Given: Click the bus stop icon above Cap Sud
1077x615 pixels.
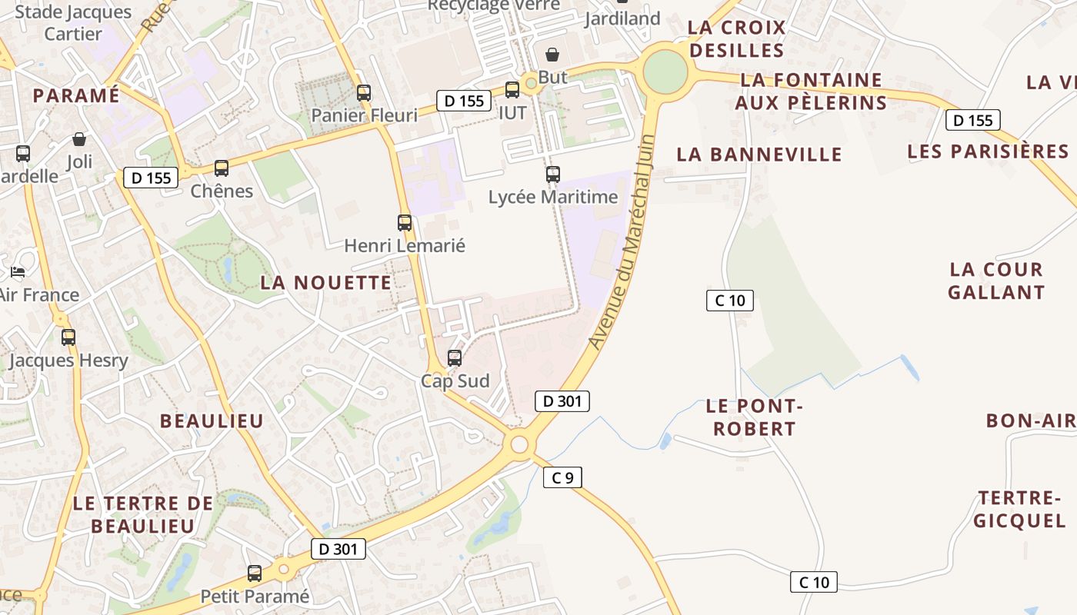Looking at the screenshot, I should (x=455, y=357).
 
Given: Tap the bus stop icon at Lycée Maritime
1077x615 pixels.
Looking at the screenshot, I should (x=553, y=175).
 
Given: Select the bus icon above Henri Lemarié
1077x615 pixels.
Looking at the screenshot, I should (x=405, y=223).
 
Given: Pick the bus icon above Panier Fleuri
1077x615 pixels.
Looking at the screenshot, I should (x=364, y=93).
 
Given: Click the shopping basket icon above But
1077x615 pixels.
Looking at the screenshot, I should (x=552, y=55).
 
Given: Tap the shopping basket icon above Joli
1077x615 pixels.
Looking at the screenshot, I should (x=79, y=139).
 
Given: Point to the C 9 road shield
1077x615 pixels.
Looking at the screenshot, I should (x=562, y=477).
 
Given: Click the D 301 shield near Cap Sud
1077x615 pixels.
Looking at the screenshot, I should (x=562, y=401).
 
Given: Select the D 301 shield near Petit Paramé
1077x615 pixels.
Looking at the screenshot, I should (x=338, y=548).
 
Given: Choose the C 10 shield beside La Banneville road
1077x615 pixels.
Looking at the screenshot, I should (x=729, y=300).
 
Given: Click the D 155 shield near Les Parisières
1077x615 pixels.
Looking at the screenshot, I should (x=972, y=120).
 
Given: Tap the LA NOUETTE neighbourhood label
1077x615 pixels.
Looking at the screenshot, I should (x=325, y=282).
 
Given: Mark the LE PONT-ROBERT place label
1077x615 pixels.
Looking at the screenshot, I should (x=755, y=417).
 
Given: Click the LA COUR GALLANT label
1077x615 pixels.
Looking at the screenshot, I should (x=996, y=281).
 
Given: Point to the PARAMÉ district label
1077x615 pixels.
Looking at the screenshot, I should (x=76, y=95).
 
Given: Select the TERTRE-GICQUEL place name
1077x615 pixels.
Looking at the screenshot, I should (x=1020, y=509).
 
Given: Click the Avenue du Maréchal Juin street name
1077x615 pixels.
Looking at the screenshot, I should (x=622, y=241).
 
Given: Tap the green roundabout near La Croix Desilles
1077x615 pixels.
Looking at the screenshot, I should (x=665, y=71).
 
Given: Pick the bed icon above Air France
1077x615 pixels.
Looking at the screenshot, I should (x=18, y=272).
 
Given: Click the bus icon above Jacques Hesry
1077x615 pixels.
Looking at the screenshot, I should (x=68, y=337).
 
